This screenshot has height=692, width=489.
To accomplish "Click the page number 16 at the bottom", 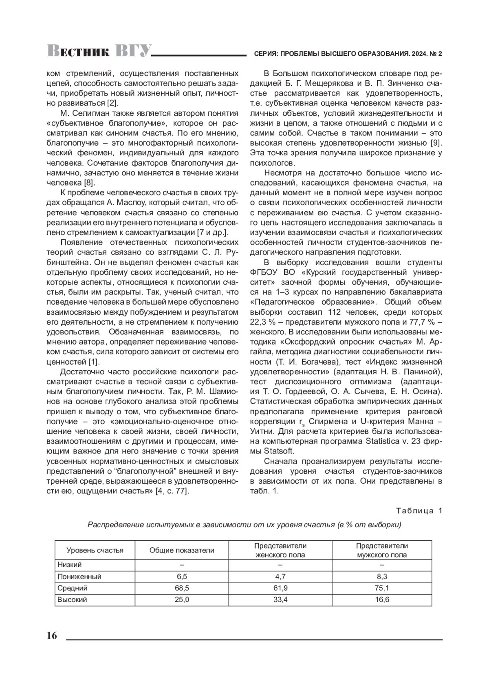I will tap(52, 636).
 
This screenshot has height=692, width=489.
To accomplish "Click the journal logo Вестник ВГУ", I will tap(99, 51).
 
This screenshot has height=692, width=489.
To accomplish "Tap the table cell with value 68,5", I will tap(182, 588).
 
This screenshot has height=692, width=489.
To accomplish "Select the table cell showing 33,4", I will tap(280, 600).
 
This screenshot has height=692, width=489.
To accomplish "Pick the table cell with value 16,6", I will tap(382, 600).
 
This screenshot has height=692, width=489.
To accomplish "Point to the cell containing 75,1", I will tap(382, 588).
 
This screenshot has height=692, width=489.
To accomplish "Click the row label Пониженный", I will tap(79, 577).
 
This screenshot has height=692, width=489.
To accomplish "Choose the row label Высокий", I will tap(72, 600).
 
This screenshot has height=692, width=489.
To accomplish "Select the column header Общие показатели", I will tap(182, 551).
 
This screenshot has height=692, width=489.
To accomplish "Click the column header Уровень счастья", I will tap(95, 551).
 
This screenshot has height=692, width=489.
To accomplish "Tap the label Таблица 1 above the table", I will tap(419, 511).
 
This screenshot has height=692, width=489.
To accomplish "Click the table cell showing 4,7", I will tap(280, 577).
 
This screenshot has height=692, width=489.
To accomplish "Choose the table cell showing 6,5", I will tap(182, 577).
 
